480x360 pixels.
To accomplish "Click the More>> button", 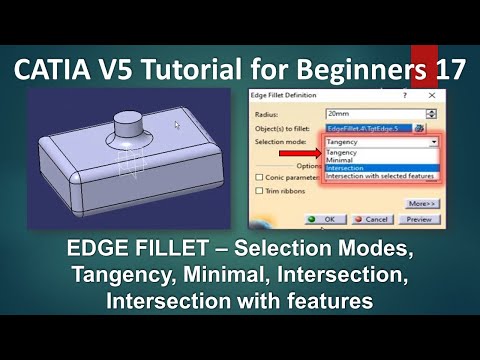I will pyautogui.click(x=420, y=200).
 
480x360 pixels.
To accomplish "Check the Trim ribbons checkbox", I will pyautogui.click(x=260, y=192).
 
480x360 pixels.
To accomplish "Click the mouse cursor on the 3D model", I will pyautogui.click(x=178, y=125).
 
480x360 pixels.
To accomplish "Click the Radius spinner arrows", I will pyautogui.click(x=431, y=113).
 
